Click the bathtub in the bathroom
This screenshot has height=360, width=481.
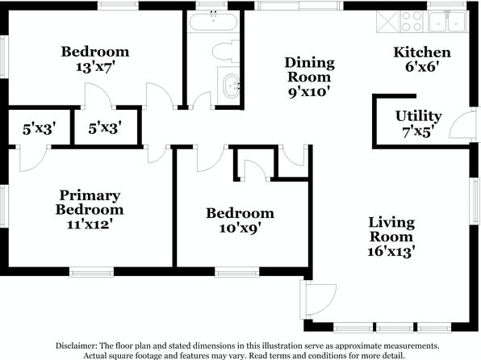(213, 22)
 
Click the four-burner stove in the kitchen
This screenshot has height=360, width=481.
(412, 22)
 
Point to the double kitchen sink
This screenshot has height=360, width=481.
(447, 22)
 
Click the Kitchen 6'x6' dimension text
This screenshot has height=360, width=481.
(420, 66)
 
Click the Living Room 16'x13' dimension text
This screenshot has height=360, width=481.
(391, 252)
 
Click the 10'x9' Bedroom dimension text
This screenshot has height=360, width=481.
(240, 228)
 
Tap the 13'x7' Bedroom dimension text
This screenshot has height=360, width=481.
(95, 67)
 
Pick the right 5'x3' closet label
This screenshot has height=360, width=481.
(105, 128)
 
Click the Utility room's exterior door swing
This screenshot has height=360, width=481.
(460, 124)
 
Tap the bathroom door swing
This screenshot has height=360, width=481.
(201, 100)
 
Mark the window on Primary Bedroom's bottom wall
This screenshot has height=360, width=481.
(91, 272)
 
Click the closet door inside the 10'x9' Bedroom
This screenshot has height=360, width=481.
(255, 170)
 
